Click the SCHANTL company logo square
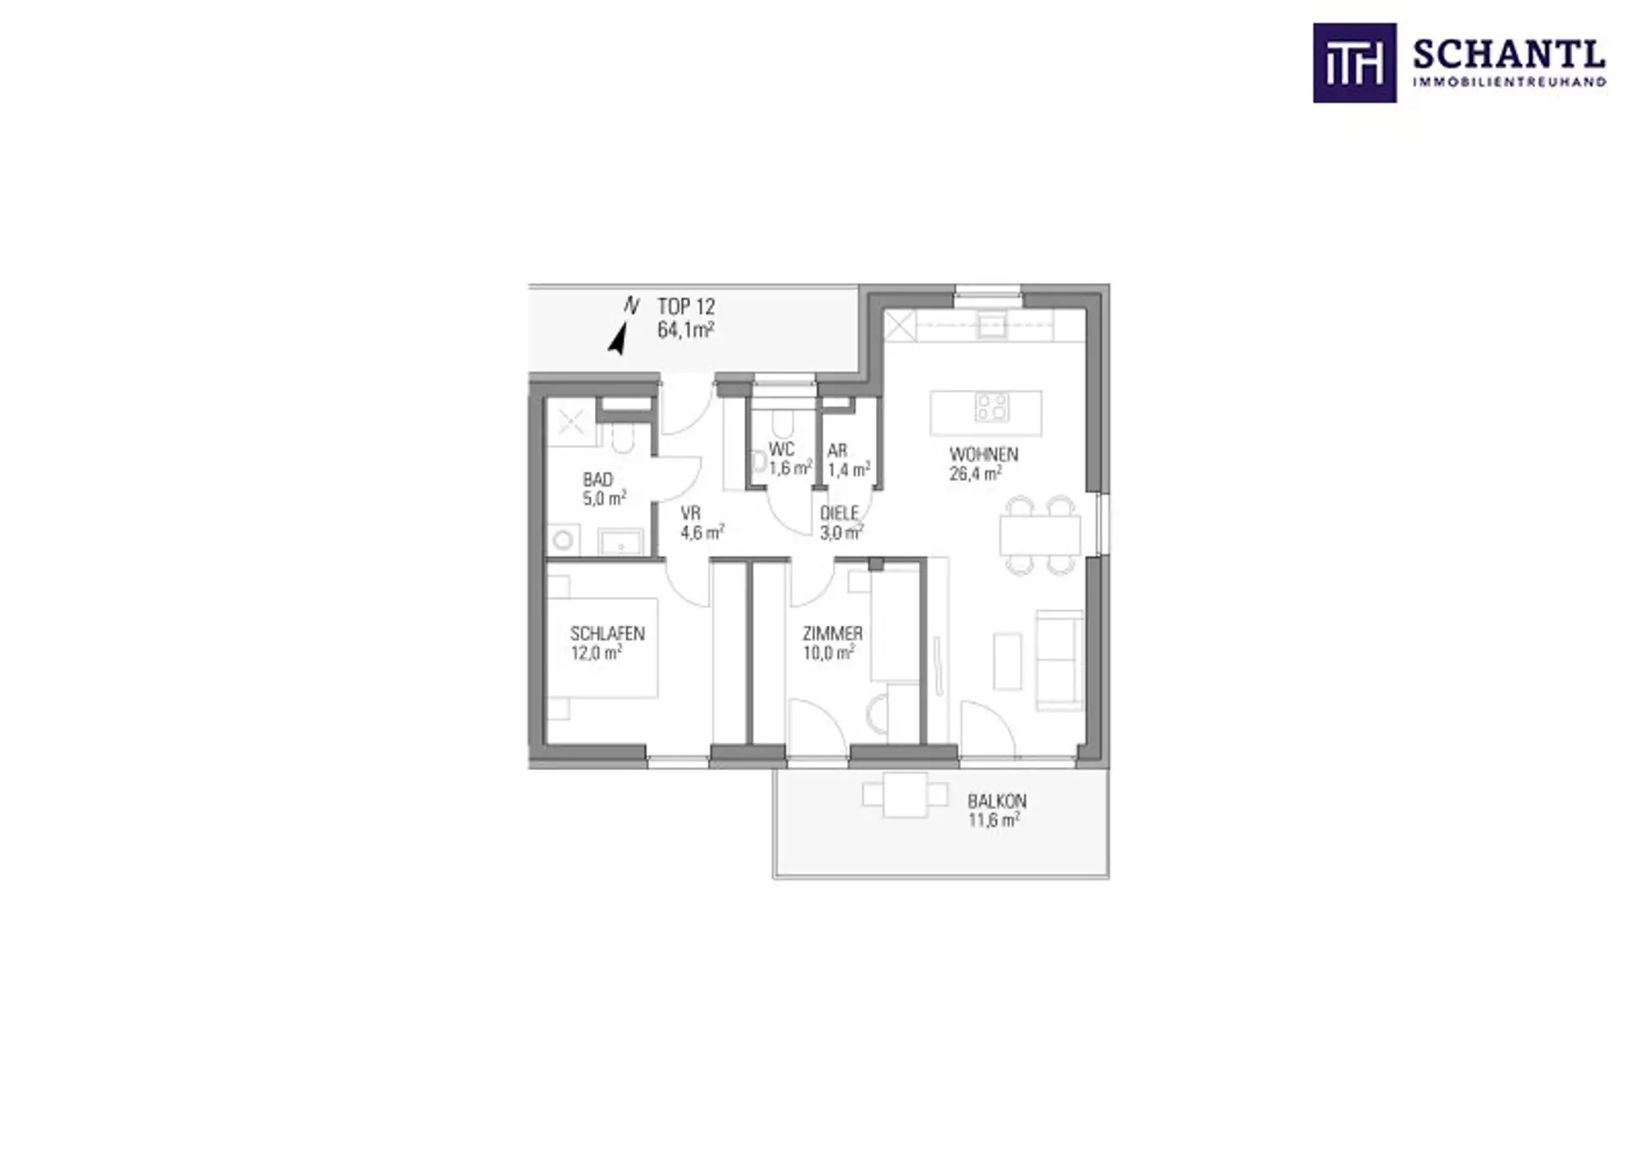pyautogui.click(x=1355, y=63)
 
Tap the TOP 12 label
pyautogui.click(x=686, y=307)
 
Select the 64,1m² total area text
pyautogui.click(x=686, y=330)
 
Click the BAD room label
pyautogui.click(x=598, y=480)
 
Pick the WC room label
pyautogui.click(x=781, y=450)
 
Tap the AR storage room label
pyautogui.click(x=838, y=451)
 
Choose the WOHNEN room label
pyautogui.click(x=984, y=454)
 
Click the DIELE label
pyautogui.click(x=839, y=514)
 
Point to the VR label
pyautogui.click(x=691, y=514)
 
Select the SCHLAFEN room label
pyautogui.click(x=608, y=634)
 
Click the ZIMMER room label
pyautogui.click(x=832, y=634)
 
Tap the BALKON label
pyautogui.click(x=997, y=801)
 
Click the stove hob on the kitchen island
pyautogui.click(x=991, y=407)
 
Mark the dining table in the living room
pyautogui.click(x=1040, y=535)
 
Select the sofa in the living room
pyautogui.click(x=1060, y=660)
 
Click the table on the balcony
pyautogui.click(x=905, y=795)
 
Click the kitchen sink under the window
pyautogui.click(x=991, y=326)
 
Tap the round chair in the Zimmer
pyautogui.click(x=877, y=714)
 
